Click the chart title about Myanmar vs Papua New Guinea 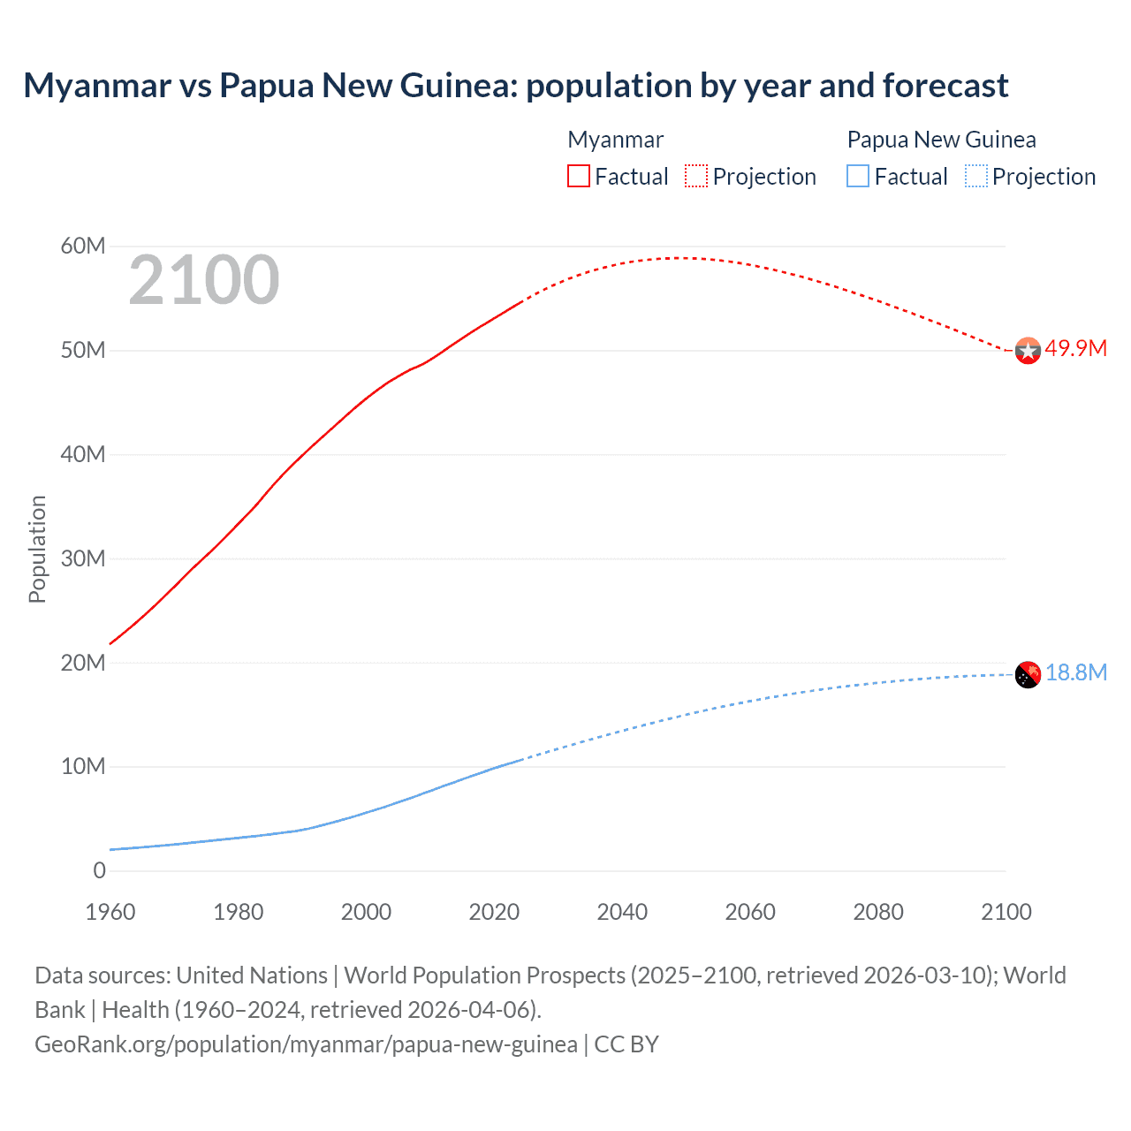tap(515, 86)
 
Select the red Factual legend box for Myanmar tap(579, 176)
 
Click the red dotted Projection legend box tap(696, 176)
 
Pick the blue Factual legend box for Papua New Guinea tap(858, 176)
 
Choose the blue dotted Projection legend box tap(975, 176)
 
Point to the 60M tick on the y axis tap(83, 246)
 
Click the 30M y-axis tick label tap(83, 558)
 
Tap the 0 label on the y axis tap(99, 870)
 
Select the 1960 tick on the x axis tap(110, 912)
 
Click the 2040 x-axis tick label tap(622, 912)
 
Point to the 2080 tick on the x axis tap(878, 912)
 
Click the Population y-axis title tap(37, 549)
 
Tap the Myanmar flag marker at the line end tap(1028, 351)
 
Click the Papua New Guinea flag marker tap(1028, 675)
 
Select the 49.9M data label tap(1075, 348)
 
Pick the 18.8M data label tap(1076, 672)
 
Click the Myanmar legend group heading tap(615, 140)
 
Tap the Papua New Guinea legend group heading tap(941, 140)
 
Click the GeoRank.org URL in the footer tap(306, 1044)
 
